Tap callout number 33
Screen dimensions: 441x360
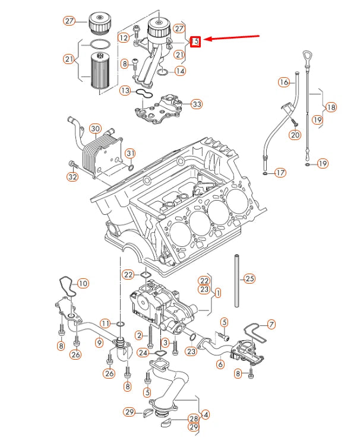pyautogui.click(x=197, y=104)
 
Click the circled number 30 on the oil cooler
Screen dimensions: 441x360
pyautogui.click(x=95, y=129)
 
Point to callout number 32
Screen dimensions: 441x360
pyautogui.click(x=72, y=176)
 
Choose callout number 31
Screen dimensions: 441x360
pyautogui.click(x=130, y=154)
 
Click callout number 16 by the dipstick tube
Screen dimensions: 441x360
pyautogui.click(x=284, y=82)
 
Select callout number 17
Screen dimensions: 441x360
pyautogui.click(x=280, y=173)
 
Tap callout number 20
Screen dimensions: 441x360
pyautogui.click(x=295, y=135)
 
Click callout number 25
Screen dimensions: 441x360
pyautogui.click(x=250, y=278)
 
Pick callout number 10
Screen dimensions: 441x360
pyautogui.click(x=83, y=284)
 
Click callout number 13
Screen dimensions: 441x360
pyautogui.click(x=125, y=90)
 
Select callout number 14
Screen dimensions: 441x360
pyautogui.click(x=180, y=71)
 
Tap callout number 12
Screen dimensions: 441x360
pyautogui.click(x=123, y=37)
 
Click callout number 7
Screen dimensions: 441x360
pyautogui.click(x=271, y=325)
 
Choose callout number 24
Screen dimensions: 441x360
pyautogui.click(x=143, y=353)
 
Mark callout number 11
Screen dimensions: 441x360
pyautogui.click(x=105, y=323)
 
